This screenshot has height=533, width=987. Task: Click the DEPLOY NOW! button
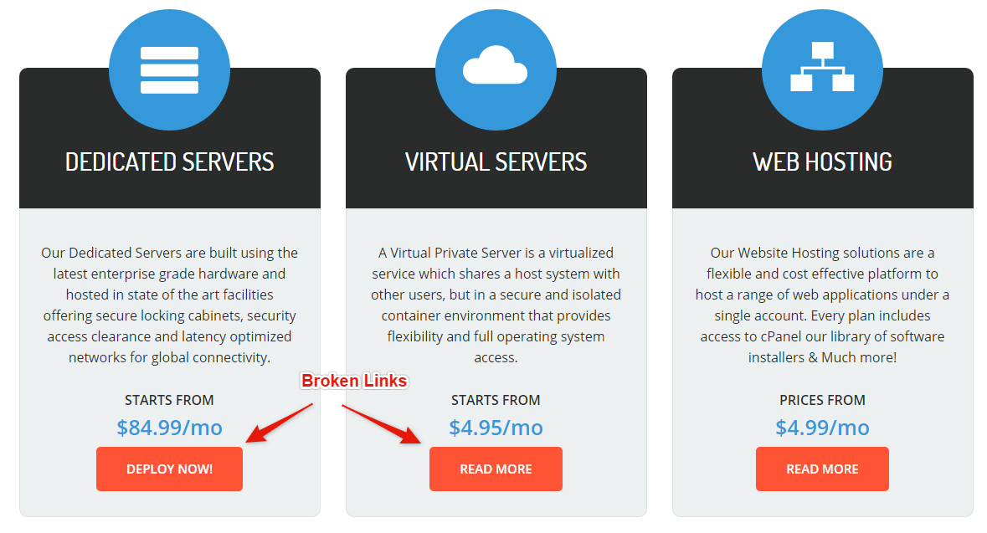[169, 469]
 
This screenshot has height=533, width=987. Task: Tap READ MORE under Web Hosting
[822, 469]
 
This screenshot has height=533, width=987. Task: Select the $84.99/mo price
[169, 428]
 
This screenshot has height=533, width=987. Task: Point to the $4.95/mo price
[496, 428]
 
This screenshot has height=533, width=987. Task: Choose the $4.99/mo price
[822, 428]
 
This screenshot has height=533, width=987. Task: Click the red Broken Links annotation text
[354, 382]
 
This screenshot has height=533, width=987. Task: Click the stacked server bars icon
[169, 70]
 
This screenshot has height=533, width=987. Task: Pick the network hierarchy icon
[822, 67]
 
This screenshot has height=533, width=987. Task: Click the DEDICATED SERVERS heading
[169, 161]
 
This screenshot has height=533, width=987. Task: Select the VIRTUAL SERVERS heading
[496, 161]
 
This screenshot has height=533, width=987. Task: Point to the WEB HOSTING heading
[822, 161]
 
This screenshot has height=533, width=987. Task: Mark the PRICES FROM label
[822, 400]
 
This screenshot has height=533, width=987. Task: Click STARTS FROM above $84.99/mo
[169, 400]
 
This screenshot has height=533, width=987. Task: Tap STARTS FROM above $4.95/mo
[496, 400]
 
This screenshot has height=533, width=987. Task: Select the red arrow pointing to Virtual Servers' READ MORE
[382, 423]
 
